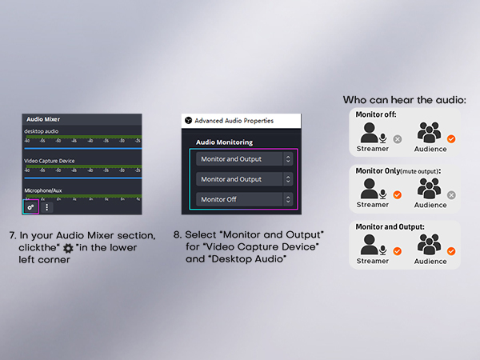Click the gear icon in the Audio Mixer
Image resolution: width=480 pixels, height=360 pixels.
[x=30, y=206]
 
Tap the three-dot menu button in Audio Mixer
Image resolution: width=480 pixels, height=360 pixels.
[x=46, y=206]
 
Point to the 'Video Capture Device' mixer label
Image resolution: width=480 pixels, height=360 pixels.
[x=49, y=161]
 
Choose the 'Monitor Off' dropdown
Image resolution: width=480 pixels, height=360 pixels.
[x=246, y=199]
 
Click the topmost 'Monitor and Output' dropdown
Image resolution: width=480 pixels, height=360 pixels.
[x=246, y=159]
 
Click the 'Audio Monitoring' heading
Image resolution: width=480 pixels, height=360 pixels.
[x=224, y=142]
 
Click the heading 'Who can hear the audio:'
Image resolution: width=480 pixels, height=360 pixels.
[x=404, y=100]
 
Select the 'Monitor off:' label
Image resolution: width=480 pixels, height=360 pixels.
[x=378, y=115]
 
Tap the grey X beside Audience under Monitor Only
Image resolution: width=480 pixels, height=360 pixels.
[x=451, y=194]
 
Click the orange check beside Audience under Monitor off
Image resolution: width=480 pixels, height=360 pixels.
[x=451, y=138]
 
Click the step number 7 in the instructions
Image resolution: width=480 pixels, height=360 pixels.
[x=12, y=235]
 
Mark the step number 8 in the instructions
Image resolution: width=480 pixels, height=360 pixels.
[x=177, y=235]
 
